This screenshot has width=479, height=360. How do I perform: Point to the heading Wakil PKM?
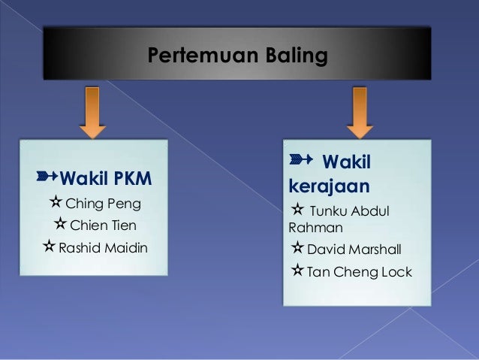coord(105,180)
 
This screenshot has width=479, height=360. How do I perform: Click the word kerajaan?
coord(322,184)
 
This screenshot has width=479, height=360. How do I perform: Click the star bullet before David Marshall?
coord(297,248)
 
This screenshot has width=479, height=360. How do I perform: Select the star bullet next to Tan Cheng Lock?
coord(297,271)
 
